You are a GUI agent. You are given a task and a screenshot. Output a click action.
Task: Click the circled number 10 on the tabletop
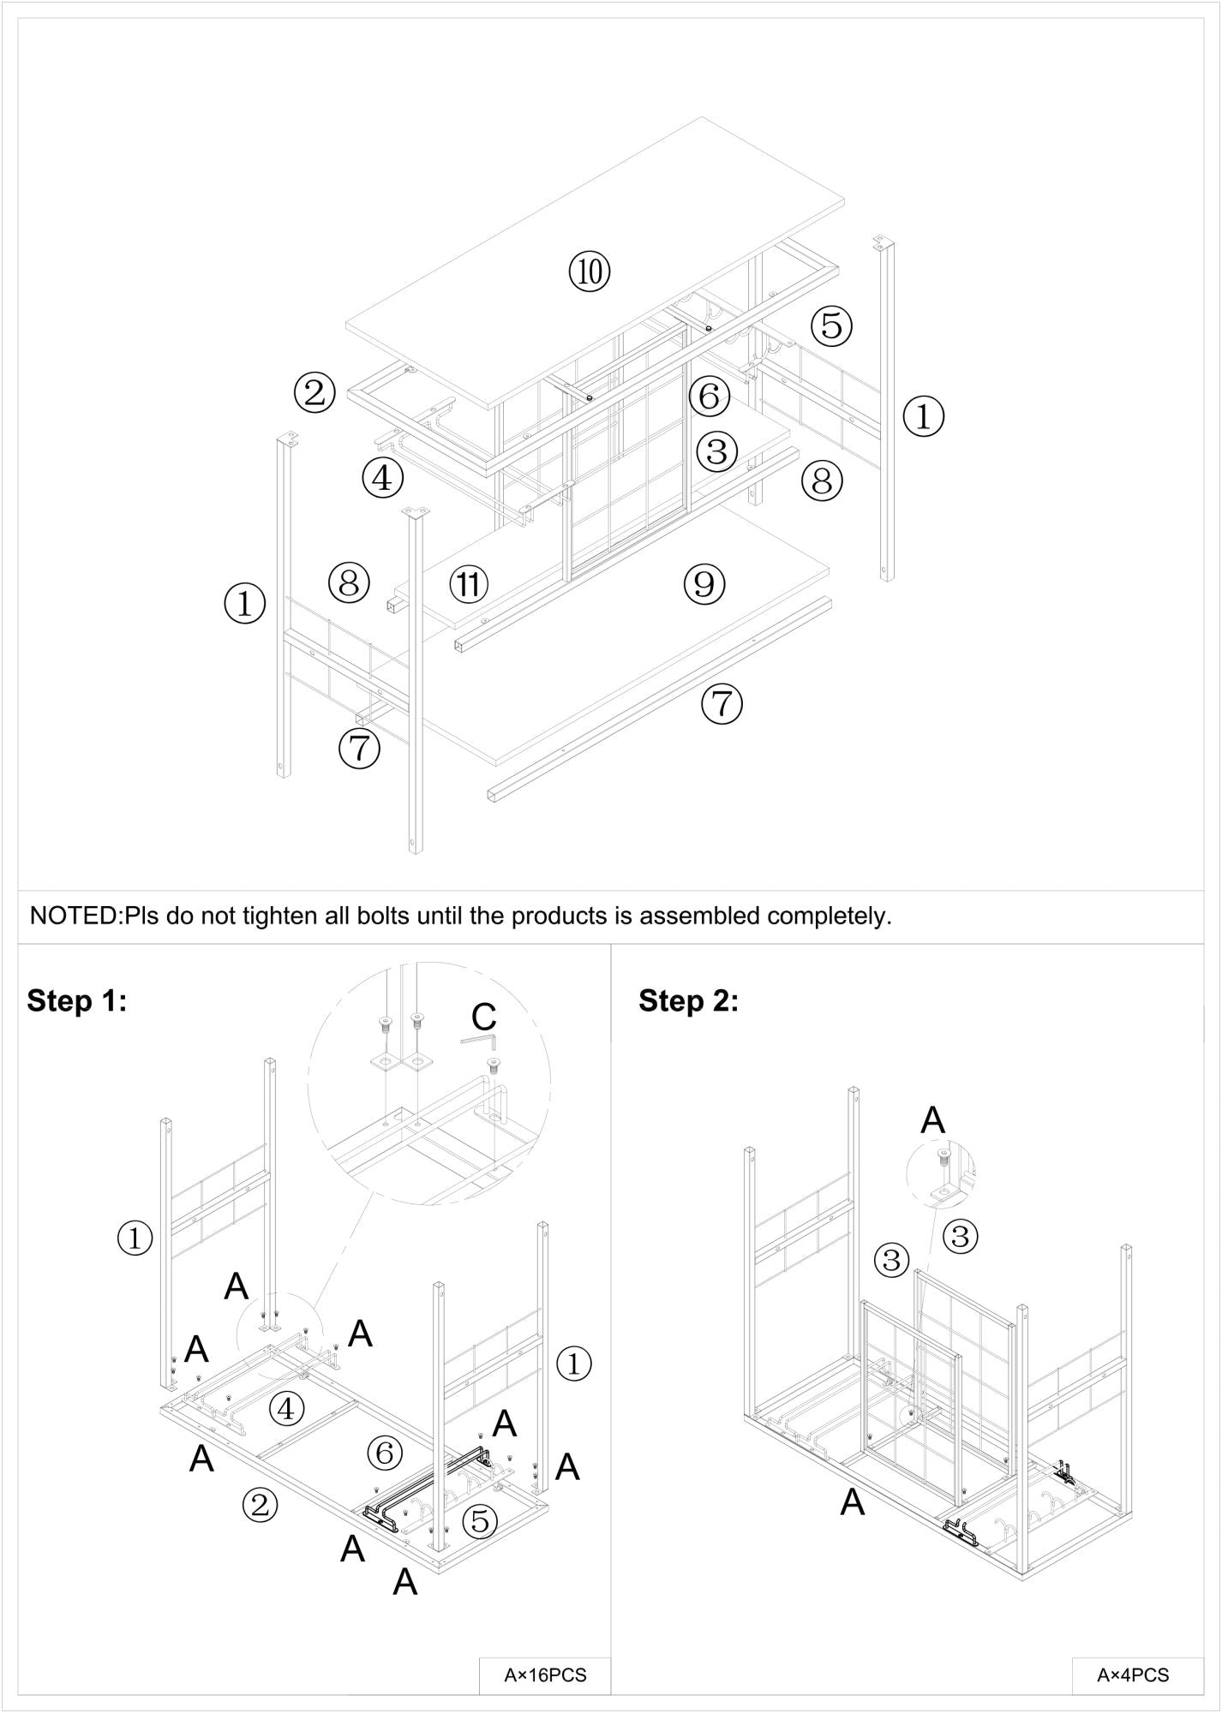(x=590, y=272)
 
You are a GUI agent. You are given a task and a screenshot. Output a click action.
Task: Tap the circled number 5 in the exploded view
(x=831, y=325)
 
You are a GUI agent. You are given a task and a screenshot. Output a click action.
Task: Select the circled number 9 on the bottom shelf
(x=704, y=583)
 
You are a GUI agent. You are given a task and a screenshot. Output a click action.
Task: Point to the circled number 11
(x=468, y=584)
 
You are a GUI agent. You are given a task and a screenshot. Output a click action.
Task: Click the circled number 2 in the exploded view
(x=314, y=393)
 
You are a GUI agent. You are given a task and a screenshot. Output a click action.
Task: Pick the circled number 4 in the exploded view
(x=382, y=478)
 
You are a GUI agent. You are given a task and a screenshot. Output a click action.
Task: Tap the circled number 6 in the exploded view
(x=709, y=397)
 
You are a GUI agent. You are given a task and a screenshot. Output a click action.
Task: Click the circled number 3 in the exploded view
(x=717, y=451)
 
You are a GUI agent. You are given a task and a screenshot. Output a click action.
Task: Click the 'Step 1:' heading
(x=77, y=1000)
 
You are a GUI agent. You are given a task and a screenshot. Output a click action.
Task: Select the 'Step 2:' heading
(x=688, y=1000)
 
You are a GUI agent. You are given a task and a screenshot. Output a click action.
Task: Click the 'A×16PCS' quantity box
(x=545, y=1674)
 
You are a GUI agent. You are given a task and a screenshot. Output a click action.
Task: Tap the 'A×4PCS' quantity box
(x=1133, y=1674)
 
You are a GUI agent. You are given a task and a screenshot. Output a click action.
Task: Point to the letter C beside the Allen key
(x=484, y=1017)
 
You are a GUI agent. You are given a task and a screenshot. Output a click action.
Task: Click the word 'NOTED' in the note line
(x=75, y=916)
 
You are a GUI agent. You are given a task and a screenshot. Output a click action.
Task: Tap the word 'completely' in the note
(x=827, y=916)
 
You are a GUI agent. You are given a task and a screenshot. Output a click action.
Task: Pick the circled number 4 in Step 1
(x=287, y=1408)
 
